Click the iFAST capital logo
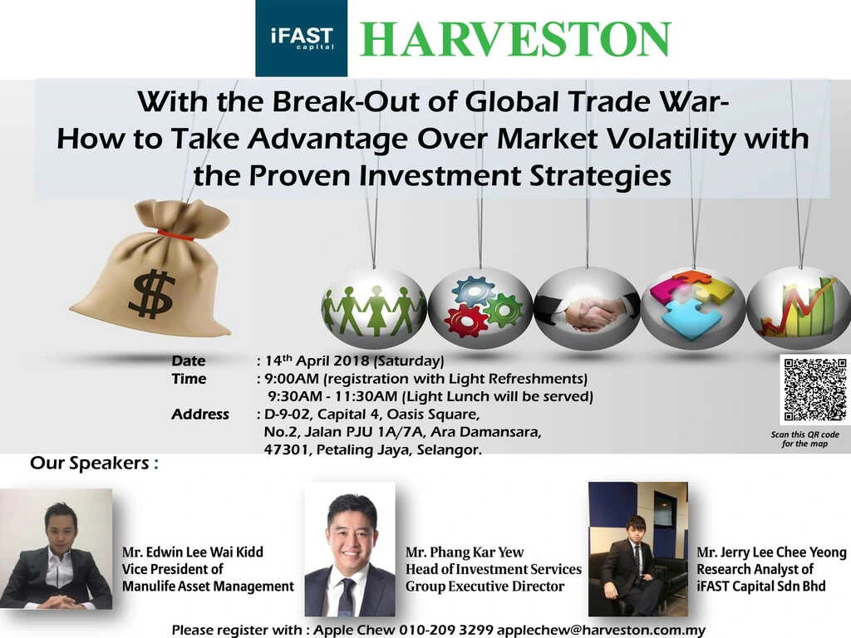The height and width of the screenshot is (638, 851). [x=301, y=38]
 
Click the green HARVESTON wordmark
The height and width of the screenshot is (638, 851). [x=515, y=39]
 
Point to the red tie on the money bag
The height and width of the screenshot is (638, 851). [x=175, y=235]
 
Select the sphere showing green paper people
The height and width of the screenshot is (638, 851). [x=374, y=308]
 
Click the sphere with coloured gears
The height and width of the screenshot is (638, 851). [x=480, y=308]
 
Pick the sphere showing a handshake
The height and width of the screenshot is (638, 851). [x=588, y=308]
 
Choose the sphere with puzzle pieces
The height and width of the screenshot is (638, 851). [x=693, y=308]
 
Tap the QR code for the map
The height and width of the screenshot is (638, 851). [x=815, y=389]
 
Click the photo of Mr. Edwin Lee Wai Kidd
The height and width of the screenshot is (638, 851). [x=56, y=548]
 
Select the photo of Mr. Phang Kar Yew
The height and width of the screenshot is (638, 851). [x=350, y=549]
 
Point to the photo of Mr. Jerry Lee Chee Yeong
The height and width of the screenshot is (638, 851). [x=638, y=549]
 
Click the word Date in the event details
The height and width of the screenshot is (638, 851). [x=189, y=361]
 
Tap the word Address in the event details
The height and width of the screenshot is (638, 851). [x=200, y=415]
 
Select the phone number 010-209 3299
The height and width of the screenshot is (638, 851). [x=446, y=631]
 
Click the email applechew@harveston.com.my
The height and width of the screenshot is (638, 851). [x=601, y=631]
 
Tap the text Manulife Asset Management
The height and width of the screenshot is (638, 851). [x=208, y=586]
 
